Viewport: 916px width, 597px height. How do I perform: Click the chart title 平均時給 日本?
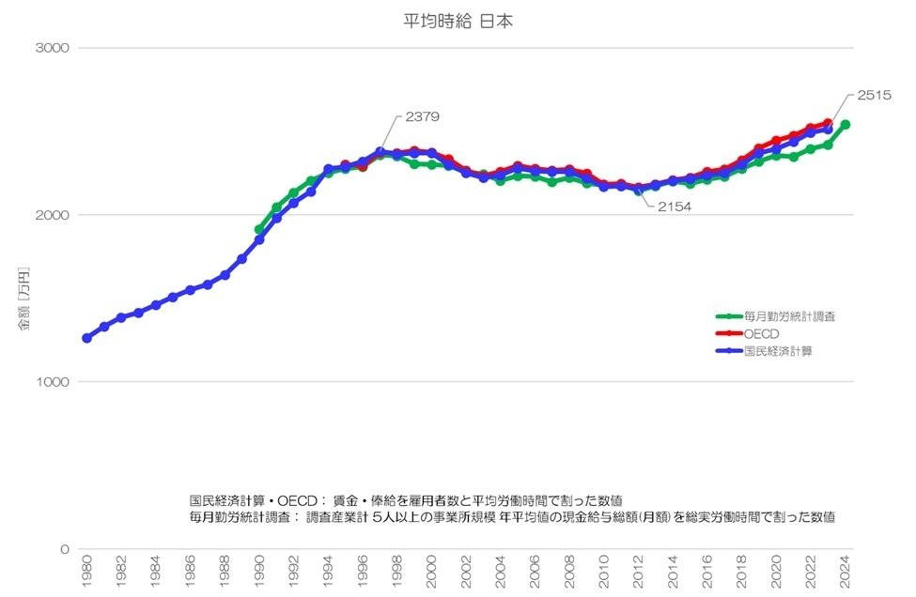[458, 21]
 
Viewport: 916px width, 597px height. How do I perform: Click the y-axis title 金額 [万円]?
[24, 298]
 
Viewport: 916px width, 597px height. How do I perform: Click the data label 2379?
[423, 117]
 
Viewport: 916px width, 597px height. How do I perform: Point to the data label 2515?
[874, 96]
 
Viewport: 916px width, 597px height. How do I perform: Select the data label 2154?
[674, 207]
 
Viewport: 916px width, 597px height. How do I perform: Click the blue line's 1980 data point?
[87, 338]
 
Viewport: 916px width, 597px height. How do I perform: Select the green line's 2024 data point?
[846, 125]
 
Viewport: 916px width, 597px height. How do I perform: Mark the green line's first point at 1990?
[259, 229]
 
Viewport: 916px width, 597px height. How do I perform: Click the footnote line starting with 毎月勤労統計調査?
[512, 517]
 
